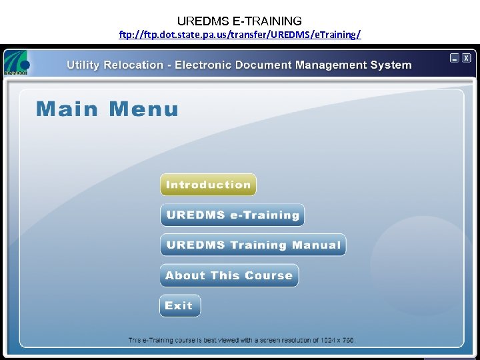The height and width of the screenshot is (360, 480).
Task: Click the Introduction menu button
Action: pyautogui.click(x=208, y=185)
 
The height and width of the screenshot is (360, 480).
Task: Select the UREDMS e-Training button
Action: pyautogui.click(x=232, y=215)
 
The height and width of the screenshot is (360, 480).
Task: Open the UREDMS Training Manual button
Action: pyautogui.click(x=253, y=245)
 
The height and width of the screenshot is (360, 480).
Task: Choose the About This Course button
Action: pyautogui.click(x=229, y=275)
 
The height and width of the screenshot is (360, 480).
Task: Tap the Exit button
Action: pyautogui.click(x=179, y=306)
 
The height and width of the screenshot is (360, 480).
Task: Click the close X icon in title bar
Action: pyautogui.click(x=467, y=58)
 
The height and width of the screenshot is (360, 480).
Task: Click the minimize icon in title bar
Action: pyautogui.click(x=455, y=58)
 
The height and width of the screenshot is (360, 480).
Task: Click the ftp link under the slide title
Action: pyautogui.click(x=240, y=34)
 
